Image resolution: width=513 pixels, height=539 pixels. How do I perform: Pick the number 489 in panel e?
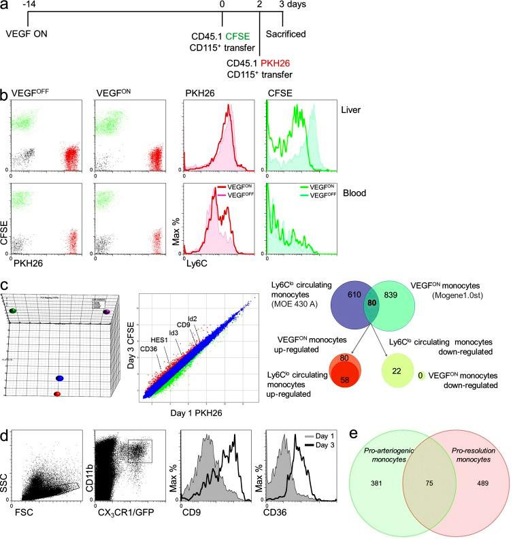click(x=463, y=486)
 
